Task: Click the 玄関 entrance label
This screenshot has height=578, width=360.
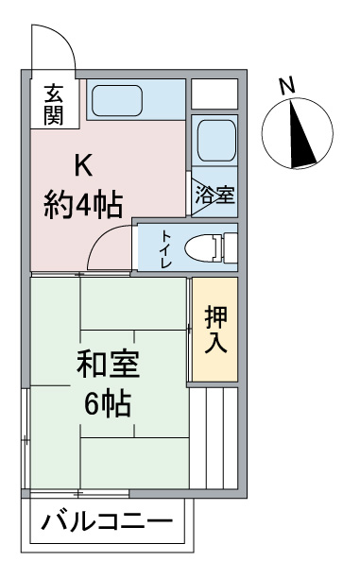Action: click(54, 105)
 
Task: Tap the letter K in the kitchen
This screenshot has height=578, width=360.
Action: click(83, 165)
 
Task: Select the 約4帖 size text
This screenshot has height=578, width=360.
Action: click(83, 205)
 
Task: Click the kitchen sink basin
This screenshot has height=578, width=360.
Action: click(117, 100)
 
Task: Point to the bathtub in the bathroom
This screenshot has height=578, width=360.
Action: click(216, 141)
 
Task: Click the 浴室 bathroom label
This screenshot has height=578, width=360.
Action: click(215, 195)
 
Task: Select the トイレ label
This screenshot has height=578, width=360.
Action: click(165, 249)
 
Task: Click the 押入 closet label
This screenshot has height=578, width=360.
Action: click(215, 330)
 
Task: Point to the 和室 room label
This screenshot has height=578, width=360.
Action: click(108, 365)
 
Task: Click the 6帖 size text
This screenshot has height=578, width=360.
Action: click(108, 403)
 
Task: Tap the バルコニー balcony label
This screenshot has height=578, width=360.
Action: click(107, 522)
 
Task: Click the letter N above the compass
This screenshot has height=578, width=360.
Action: click(287, 86)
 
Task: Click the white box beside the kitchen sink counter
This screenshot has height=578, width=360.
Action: click(214, 94)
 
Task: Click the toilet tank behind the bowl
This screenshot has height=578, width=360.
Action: click(231, 247)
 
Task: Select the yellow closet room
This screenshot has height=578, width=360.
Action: click(215, 330)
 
